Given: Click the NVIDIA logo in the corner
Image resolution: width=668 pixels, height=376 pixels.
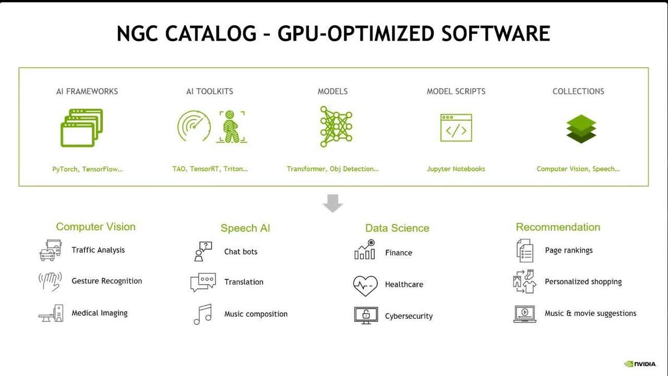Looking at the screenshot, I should (640, 364).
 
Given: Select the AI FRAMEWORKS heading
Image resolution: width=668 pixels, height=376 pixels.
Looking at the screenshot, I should (87, 91).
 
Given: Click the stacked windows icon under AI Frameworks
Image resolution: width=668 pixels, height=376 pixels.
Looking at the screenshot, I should (82, 128).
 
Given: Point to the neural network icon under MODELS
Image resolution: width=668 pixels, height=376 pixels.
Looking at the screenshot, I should (336, 127).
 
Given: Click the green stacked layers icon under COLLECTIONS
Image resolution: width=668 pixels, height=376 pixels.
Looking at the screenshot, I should (581, 129).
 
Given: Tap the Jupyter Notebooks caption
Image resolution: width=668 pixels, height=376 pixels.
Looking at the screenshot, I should (456, 169).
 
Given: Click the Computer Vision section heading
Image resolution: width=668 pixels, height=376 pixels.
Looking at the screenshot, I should (96, 227).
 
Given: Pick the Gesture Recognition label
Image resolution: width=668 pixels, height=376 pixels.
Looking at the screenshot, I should (107, 281).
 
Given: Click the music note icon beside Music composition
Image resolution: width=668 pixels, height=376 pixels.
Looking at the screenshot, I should (203, 314).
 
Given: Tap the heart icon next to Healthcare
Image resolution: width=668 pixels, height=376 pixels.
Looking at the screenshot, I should (365, 285).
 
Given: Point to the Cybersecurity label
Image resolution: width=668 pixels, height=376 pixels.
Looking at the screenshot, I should (409, 316).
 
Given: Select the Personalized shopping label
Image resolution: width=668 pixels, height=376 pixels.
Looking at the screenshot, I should (583, 282).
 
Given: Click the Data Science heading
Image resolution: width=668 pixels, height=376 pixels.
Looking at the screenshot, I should (397, 228).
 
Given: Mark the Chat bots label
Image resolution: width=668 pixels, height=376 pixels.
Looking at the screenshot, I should (240, 252).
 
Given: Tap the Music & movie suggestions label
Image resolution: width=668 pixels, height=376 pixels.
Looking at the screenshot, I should (590, 314).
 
